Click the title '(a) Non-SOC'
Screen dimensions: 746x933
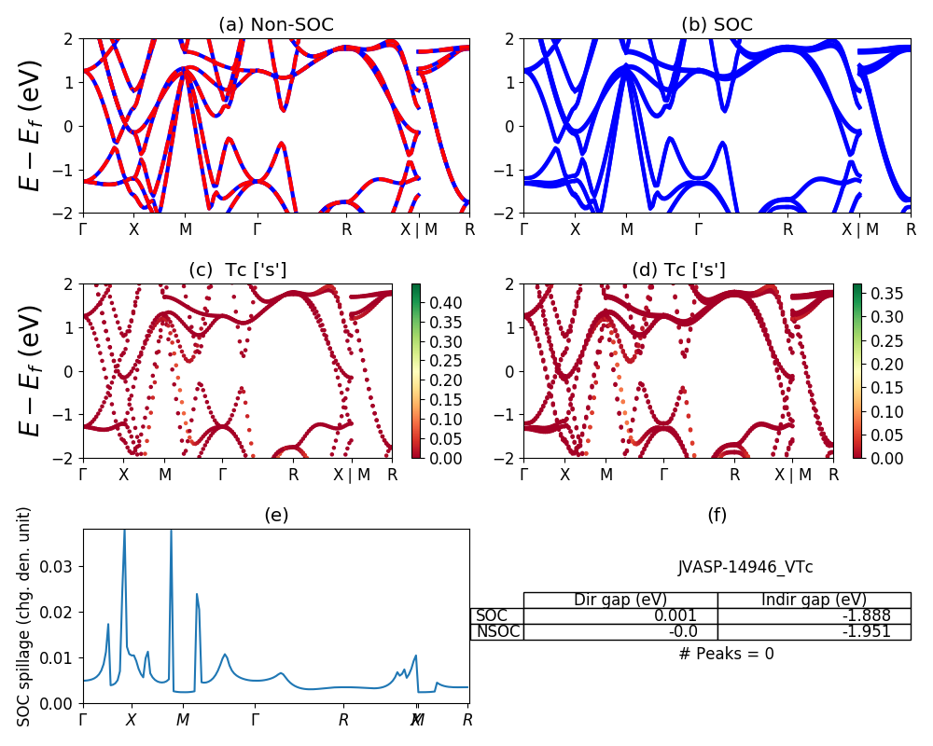[275, 25]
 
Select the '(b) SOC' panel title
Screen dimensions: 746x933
[717, 25]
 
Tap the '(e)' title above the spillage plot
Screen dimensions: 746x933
[275, 515]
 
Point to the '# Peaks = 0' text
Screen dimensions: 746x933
[726, 654]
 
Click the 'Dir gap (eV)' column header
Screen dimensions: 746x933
[620, 600]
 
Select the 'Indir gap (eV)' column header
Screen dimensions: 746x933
[814, 600]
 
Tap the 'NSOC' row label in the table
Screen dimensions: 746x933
[496, 631]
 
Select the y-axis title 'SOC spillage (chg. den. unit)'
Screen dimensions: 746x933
[25, 616]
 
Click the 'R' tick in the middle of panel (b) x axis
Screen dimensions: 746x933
[787, 228]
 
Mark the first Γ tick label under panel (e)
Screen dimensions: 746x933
[83, 720]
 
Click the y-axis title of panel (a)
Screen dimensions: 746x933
[32, 126]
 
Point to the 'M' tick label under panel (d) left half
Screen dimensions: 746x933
[606, 474]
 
